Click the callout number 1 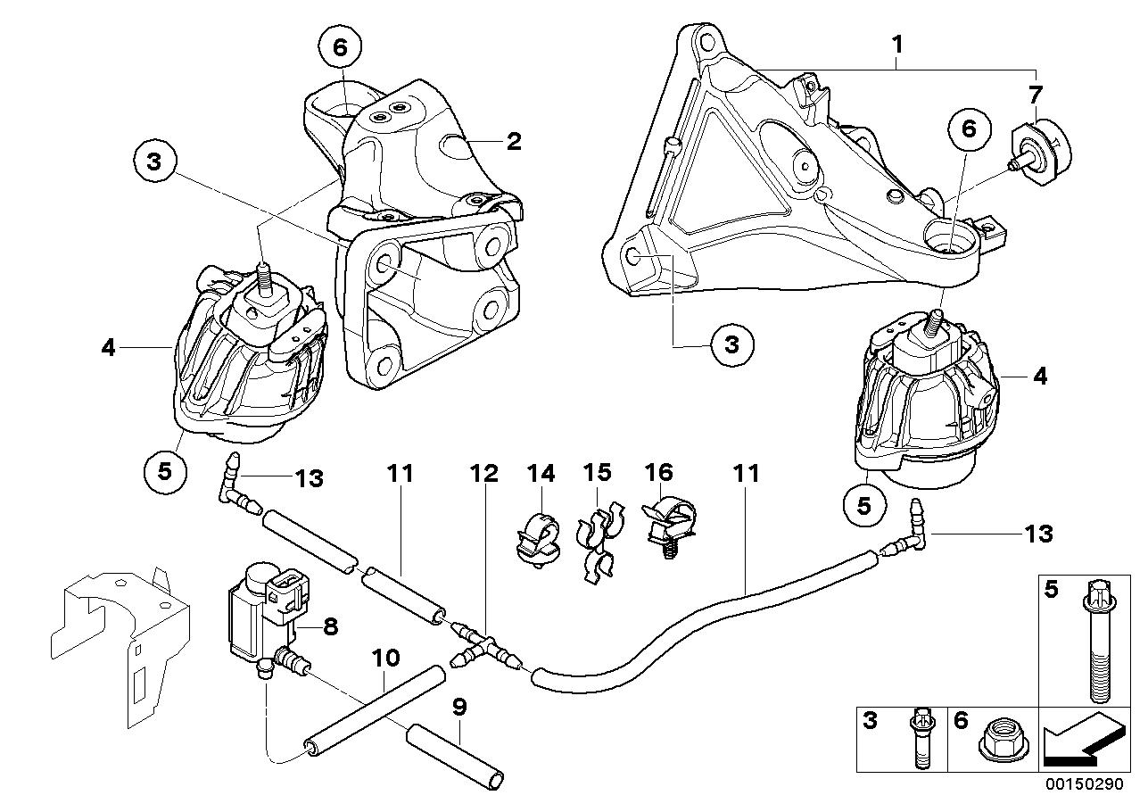pos(898,43)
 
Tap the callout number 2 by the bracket pos(514,140)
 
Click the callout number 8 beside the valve pos(330,626)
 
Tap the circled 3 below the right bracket pos(731,344)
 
